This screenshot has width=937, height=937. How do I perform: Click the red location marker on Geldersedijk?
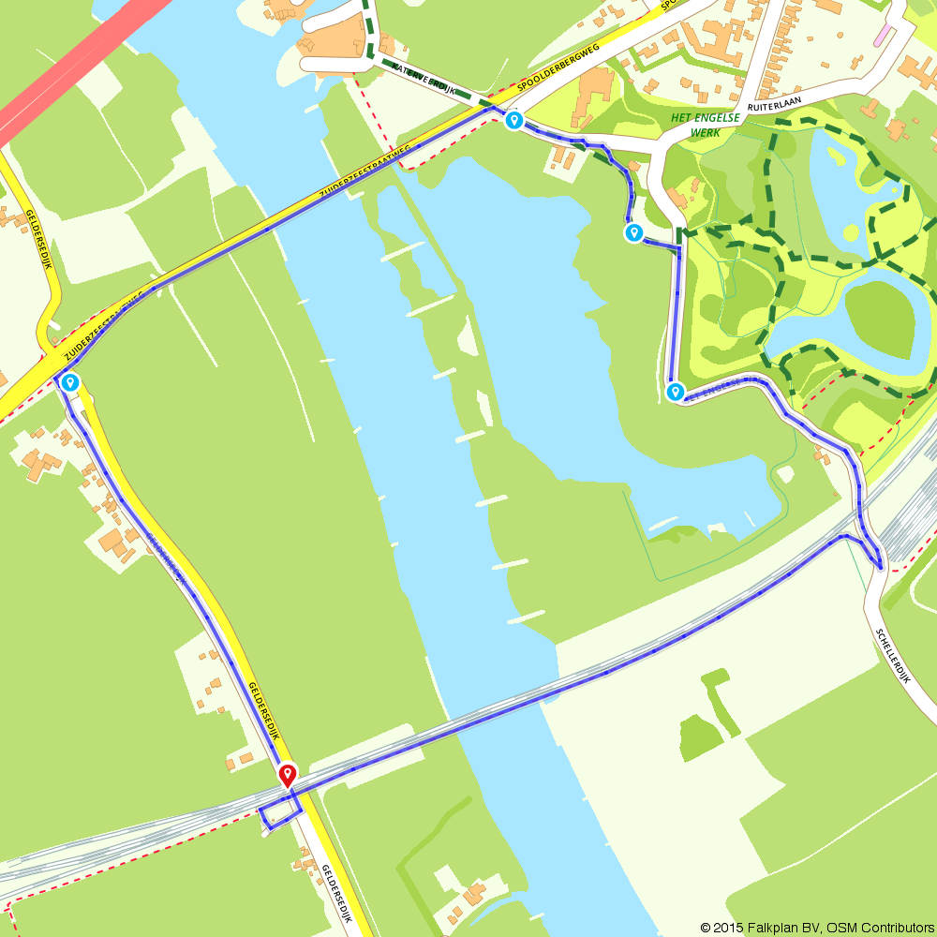pyautogui.click(x=288, y=775)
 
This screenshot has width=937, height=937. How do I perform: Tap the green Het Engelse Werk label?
pyautogui.click(x=705, y=124)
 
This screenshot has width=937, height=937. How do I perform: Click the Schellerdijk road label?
pyautogui.click(x=893, y=655)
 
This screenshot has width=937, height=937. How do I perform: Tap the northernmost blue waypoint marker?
pyautogui.click(x=513, y=121)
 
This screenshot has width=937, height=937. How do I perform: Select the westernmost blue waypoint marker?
pyautogui.click(x=70, y=381)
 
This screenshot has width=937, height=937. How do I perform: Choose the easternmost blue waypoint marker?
pyautogui.click(x=675, y=392)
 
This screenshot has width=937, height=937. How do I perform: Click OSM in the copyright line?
pyautogui.click(x=842, y=928)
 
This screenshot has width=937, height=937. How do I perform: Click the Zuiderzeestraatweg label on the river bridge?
pyautogui.click(x=365, y=171)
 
